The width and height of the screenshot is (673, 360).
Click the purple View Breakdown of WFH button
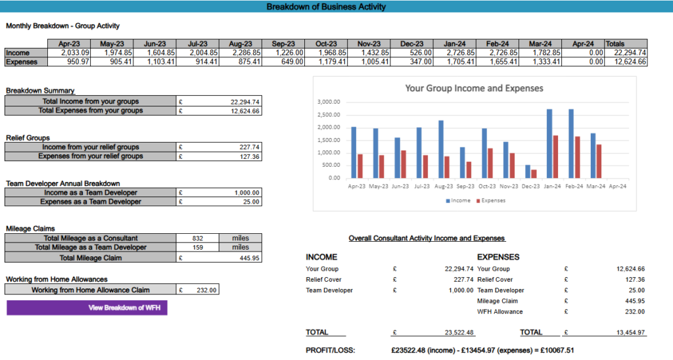click(x=87, y=307)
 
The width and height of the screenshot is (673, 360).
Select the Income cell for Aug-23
click(x=240, y=53)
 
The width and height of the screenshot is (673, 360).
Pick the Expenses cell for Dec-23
click(x=411, y=62)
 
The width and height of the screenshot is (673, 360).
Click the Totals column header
click(x=626, y=44)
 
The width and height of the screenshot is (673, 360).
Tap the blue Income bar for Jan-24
click(x=549, y=143)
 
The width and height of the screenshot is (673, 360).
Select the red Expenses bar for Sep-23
click(x=469, y=170)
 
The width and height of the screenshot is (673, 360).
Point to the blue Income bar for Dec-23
click(x=528, y=171)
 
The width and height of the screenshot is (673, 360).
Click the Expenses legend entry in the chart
click(x=490, y=200)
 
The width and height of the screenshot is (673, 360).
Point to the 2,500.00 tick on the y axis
click(x=329, y=114)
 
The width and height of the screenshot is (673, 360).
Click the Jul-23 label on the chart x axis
click(x=421, y=186)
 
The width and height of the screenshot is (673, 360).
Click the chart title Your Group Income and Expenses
click(x=475, y=89)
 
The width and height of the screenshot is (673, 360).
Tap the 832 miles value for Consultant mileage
click(x=197, y=238)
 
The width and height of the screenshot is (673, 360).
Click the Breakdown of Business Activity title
click(x=326, y=7)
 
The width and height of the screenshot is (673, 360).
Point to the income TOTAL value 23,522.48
click(x=459, y=332)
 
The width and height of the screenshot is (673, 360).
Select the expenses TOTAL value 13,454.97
click(x=630, y=332)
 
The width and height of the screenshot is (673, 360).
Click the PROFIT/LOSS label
click(x=331, y=350)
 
